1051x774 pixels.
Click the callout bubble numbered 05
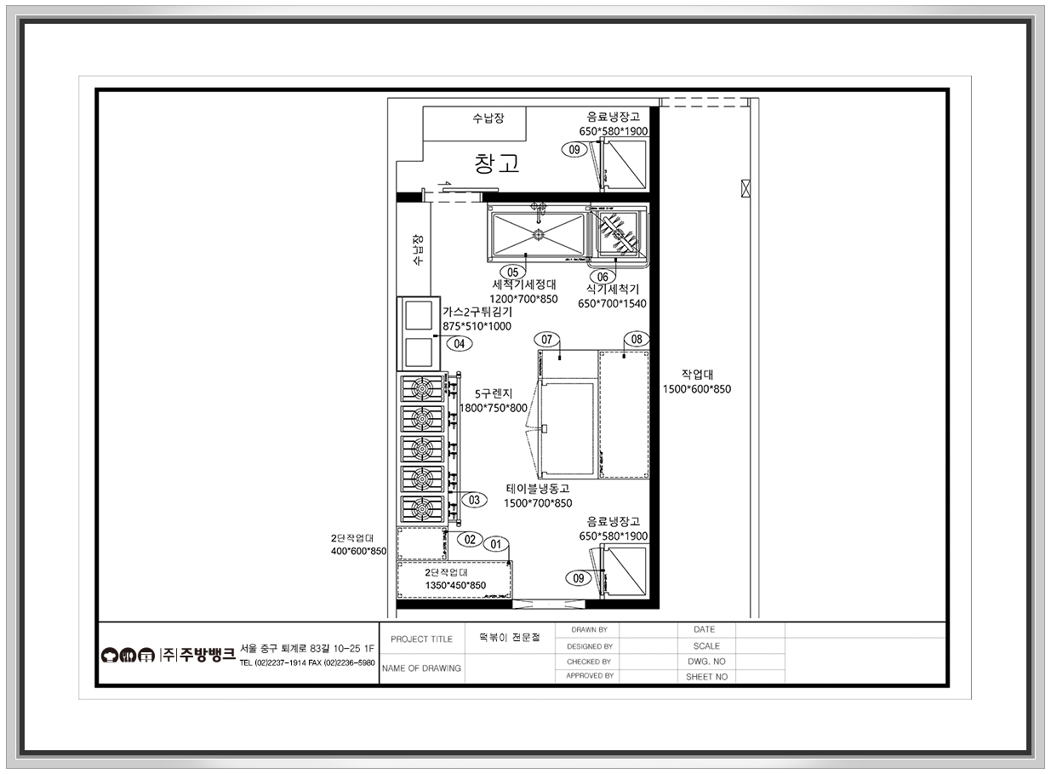(x=512, y=272)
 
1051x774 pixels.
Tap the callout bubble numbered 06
(x=603, y=277)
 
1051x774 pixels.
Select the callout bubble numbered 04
(x=460, y=344)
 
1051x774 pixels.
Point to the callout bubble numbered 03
(x=474, y=500)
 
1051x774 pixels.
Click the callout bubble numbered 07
(x=546, y=340)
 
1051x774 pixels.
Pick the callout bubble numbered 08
(x=637, y=339)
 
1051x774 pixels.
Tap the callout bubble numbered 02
(x=470, y=539)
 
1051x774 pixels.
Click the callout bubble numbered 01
(x=496, y=544)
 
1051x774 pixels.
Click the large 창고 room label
(x=497, y=163)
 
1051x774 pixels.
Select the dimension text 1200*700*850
(x=523, y=299)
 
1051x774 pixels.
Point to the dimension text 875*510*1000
(x=477, y=326)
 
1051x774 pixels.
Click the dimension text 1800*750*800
(x=493, y=408)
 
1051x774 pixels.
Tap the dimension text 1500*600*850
(x=697, y=389)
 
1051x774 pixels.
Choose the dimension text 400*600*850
(x=358, y=551)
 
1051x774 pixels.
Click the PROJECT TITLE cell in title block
(x=421, y=639)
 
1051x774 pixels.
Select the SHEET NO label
(x=706, y=677)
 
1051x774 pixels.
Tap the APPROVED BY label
(x=590, y=676)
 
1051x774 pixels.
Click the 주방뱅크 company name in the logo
(x=208, y=654)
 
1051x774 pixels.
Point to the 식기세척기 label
(x=613, y=290)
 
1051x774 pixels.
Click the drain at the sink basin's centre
(x=539, y=234)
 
